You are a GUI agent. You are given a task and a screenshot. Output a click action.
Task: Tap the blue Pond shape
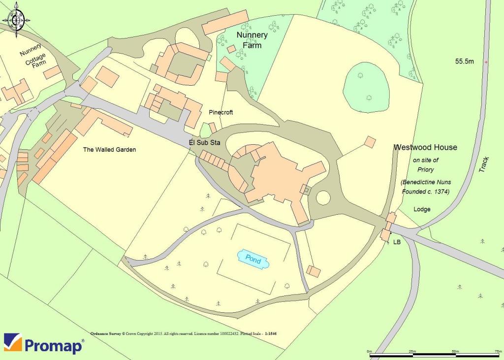253,259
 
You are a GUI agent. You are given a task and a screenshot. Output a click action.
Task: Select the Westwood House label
425,147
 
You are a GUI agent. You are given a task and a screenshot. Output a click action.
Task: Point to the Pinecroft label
220,112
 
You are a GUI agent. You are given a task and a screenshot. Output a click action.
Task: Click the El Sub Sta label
204,143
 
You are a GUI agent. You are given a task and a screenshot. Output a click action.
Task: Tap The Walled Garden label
109,150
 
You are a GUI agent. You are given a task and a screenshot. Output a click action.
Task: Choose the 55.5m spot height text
464,62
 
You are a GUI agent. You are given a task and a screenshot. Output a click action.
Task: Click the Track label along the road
485,164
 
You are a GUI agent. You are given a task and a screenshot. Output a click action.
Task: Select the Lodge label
422,209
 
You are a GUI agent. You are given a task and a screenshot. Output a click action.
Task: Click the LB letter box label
397,242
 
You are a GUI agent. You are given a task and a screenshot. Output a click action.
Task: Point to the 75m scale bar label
498,351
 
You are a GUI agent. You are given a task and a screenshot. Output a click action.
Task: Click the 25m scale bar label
412,351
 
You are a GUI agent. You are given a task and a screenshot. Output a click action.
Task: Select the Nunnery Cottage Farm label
33,57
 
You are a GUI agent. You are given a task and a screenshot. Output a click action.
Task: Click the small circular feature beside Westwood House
323,198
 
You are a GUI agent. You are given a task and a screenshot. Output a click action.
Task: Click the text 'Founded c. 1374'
426,191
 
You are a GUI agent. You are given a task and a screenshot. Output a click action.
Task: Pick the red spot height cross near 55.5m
486,63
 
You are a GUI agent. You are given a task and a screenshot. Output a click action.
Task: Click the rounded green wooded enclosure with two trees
367,87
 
